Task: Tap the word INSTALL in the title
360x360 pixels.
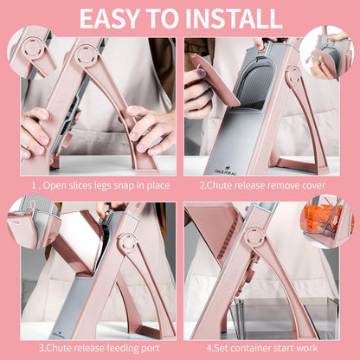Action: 233,19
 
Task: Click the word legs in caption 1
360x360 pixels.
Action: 102,185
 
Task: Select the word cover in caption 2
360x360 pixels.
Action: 313,185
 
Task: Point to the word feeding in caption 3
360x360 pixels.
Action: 122,348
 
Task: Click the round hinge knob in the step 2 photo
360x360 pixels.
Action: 294,75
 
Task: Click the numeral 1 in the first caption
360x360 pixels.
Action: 34,185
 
